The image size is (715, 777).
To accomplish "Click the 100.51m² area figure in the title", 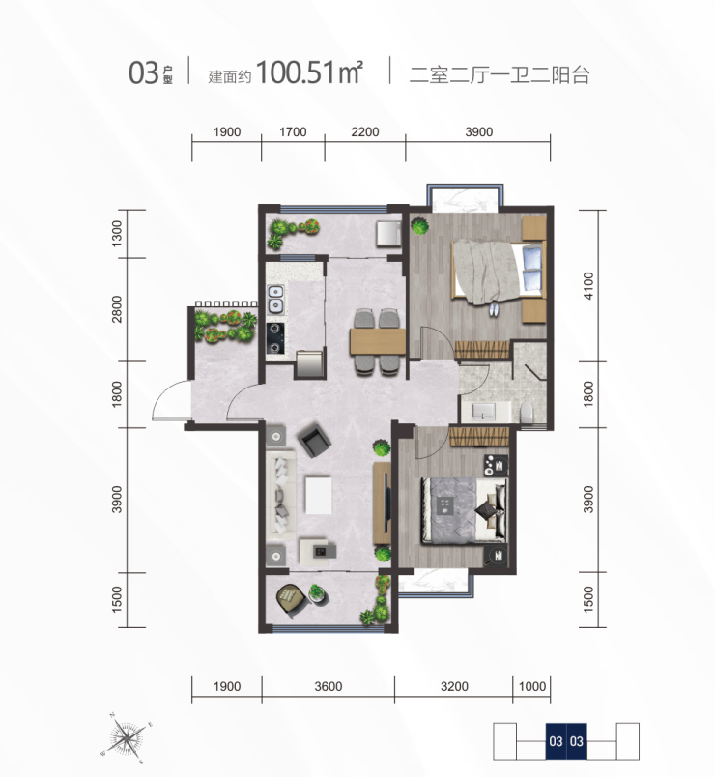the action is coord(310,72).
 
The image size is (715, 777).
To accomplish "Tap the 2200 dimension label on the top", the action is coord(364,131).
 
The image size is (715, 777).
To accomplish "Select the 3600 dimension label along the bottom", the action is coord(328,686).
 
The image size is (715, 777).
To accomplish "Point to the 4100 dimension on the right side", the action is coord(588,285).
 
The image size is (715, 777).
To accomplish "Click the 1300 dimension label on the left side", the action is coord(117,234).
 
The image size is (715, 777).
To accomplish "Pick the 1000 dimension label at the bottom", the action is coord(532,686).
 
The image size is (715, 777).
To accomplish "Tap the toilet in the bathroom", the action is coord(529,413).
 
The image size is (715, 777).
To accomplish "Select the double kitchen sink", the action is coord(276,300).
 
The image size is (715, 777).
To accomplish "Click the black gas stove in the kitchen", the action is coord(276,338).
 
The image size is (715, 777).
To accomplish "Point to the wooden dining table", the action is coord(378,341).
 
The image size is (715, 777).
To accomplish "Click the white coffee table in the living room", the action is coord(318,495).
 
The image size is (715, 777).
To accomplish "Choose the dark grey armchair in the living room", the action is coord(313,439).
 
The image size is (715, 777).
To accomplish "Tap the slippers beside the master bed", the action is coord(494,310).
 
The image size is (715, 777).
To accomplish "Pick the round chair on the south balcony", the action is coord(291,599).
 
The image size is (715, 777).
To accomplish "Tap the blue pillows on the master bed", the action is coord(532,269).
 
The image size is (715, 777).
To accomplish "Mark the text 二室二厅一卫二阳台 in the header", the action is coord(500,75).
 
